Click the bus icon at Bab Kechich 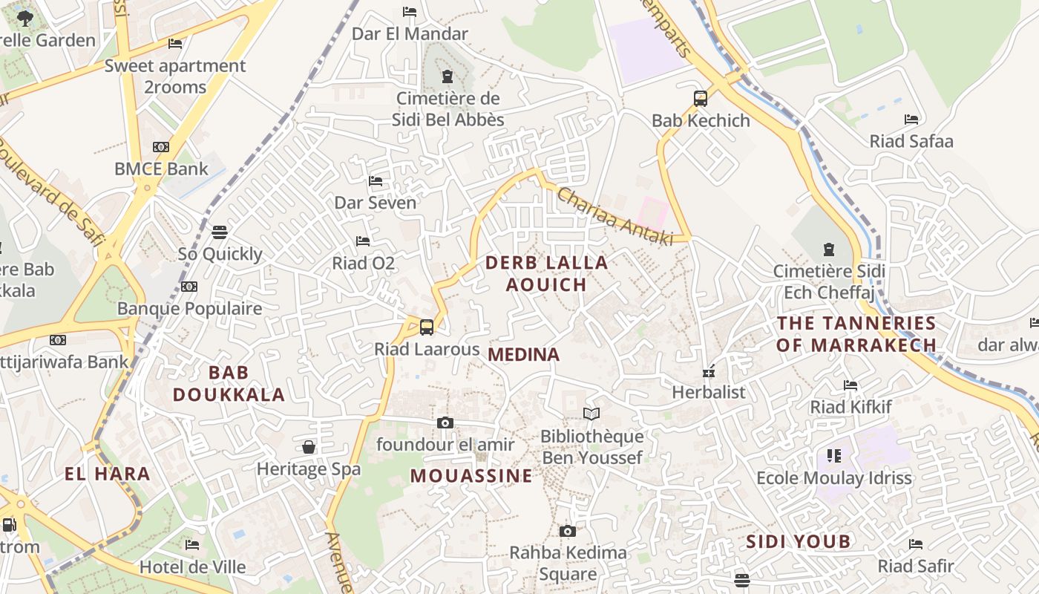[x=700, y=99]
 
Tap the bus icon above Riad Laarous [x=427, y=327]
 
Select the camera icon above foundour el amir [x=445, y=423]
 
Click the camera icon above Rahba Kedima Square [x=568, y=531]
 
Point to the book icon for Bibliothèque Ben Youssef [x=591, y=414]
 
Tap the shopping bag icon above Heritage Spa [x=309, y=447]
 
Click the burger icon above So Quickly [x=220, y=232]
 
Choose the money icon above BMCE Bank [x=161, y=147]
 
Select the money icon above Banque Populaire [x=189, y=287]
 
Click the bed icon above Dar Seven [x=376, y=181]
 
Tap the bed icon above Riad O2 [x=363, y=241]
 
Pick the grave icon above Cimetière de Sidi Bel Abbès [x=448, y=76]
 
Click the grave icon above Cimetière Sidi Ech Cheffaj [x=828, y=249]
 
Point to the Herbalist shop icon [x=709, y=371]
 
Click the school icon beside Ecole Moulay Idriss [x=834, y=456]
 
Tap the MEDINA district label [x=524, y=355]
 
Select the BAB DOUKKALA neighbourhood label [x=229, y=383]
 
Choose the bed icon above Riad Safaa [x=911, y=120]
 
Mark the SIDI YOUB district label [x=798, y=541]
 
